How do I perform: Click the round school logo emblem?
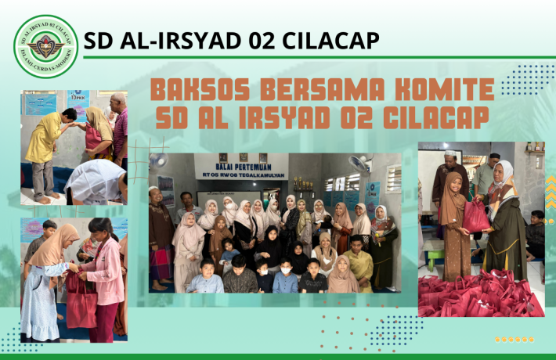click(46, 46)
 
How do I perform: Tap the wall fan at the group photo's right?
click(359, 164)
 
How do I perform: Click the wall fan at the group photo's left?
click(159, 160)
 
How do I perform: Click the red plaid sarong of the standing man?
click(161, 262)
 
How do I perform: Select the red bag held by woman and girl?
click(475, 217)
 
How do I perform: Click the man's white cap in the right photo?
click(451, 155)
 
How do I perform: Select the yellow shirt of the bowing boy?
click(45, 138)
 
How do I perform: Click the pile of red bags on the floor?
click(478, 298)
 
